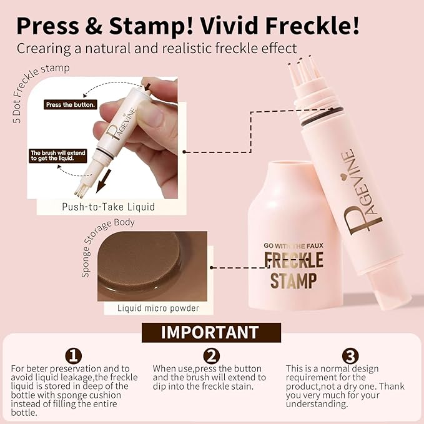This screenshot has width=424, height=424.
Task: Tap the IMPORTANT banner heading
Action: pyautogui.click(x=210, y=332)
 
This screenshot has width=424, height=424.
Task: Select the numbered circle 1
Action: pyautogui.click(x=74, y=357)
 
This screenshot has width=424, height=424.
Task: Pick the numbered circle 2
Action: pyautogui.click(x=212, y=357)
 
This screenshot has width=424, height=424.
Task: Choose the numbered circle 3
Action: pyautogui.click(x=350, y=357)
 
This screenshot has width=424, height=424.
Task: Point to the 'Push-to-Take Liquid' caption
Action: pyautogui.click(x=108, y=207)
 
